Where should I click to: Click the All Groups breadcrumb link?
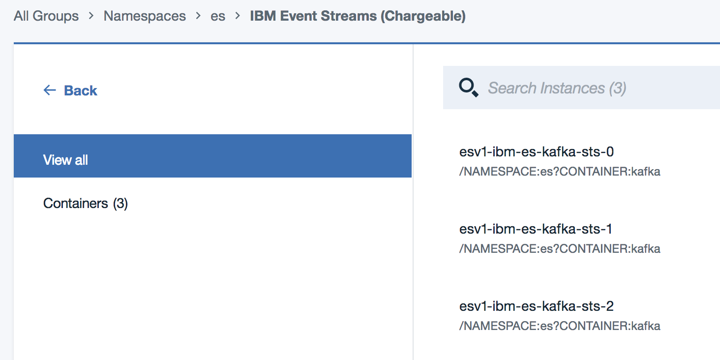[46, 16]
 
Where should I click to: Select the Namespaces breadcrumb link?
[145, 16]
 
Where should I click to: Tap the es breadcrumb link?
[218, 16]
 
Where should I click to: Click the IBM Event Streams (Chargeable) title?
[358, 16]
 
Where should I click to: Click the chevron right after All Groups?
[91, 15]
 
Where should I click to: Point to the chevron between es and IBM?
[238, 15]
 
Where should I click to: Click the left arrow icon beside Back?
[50, 90]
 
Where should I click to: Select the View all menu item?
[212, 156]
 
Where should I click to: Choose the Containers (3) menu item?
[86, 203]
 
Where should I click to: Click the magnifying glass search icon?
[468, 88]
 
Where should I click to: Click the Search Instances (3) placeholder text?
[557, 88]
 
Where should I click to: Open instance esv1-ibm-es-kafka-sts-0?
[537, 151]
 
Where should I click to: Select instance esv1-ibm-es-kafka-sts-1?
[536, 229]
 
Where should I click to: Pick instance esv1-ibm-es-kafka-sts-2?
[537, 306]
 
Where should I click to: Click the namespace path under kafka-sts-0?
[560, 172]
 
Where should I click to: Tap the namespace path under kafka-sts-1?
[560, 249]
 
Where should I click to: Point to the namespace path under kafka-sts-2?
[560, 326]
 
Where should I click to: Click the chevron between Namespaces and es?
[198, 15]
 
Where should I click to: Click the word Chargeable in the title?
[423, 16]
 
